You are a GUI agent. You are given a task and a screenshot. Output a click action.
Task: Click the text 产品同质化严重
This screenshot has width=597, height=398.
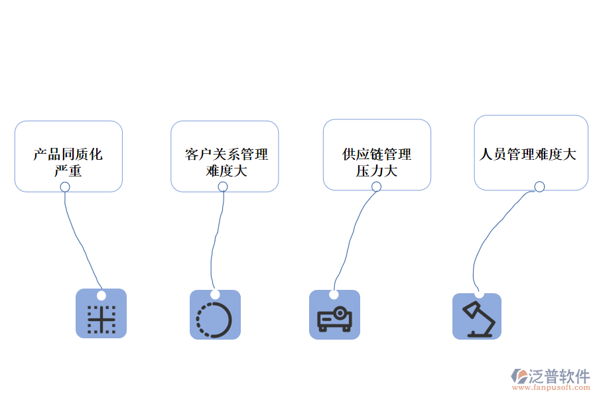pyautogui.click(x=68, y=163)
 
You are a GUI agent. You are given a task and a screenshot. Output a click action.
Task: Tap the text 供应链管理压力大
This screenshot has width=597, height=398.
pyautogui.click(x=377, y=163)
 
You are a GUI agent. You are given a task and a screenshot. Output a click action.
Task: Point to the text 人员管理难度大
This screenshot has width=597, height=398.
pyautogui.click(x=528, y=155)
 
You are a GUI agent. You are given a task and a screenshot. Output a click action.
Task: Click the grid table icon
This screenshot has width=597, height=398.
pyautogui.click(x=101, y=319)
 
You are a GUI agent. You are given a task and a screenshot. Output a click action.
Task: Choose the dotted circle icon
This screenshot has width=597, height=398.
pyautogui.click(x=214, y=320)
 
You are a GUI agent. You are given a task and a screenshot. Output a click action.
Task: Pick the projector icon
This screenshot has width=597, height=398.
pyautogui.click(x=335, y=318)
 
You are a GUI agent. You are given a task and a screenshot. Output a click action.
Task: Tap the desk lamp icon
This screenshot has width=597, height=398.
pyautogui.click(x=478, y=319)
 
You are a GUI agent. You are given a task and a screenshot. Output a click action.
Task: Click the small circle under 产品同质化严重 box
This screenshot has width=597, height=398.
pyautogui.click(x=65, y=187)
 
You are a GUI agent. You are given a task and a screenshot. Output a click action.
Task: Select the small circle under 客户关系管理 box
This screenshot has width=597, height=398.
pyautogui.click(x=223, y=187)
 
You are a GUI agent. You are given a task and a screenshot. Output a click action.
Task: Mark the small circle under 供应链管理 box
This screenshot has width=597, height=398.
pyautogui.click(x=376, y=186)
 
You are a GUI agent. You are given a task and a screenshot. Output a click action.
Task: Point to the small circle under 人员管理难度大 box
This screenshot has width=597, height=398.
pyautogui.click(x=539, y=186)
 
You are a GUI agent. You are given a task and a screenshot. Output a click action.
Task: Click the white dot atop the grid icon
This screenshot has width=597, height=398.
pyautogui.click(x=101, y=295)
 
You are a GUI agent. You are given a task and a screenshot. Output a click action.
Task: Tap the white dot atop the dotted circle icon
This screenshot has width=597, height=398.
pyautogui.click(x=215, y=295)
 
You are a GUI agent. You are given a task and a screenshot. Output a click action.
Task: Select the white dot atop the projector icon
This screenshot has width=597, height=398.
pyautogui.click(x=334, y=295)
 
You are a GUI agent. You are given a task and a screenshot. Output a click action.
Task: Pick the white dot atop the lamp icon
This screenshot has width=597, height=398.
pyautogui.click(x=479, y=293)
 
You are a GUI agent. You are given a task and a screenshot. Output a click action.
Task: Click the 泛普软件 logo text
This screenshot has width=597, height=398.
pyautogui.click(x=559, y=376)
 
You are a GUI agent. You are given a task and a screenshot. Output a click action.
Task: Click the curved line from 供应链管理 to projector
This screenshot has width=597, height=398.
pyautogui.click(x=350, y=239)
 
